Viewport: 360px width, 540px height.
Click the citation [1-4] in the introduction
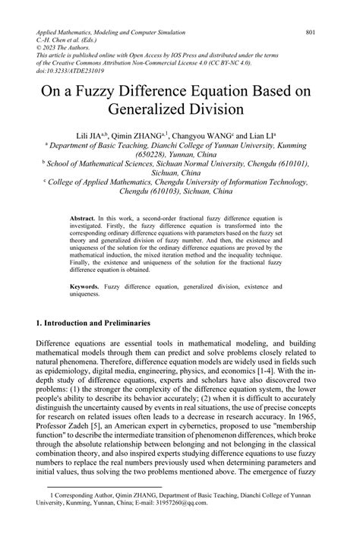pos(265,373)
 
